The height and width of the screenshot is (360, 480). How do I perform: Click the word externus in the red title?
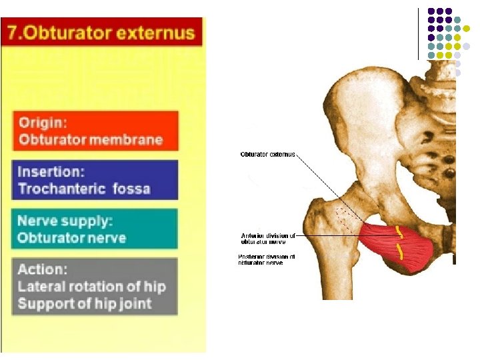pyautogui.click(x=159, y=32)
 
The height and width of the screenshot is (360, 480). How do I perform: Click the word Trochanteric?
pyautogui.click(x=61, y=188)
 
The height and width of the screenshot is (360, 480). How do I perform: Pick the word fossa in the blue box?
pyautogui.click(x=131, y=188)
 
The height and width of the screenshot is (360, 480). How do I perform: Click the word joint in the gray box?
pyautogui.click(x=136, y=303)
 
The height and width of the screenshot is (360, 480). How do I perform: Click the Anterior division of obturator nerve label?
pyautogui.click(x=267, y=238)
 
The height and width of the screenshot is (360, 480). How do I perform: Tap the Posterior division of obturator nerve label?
pyautogui.click(x=267, y=259)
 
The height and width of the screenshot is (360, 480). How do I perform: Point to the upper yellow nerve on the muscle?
pyautogui.click(x=399, y=233)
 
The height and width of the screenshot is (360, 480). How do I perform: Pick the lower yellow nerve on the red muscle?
pyautogui.click(x=400, y=252)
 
